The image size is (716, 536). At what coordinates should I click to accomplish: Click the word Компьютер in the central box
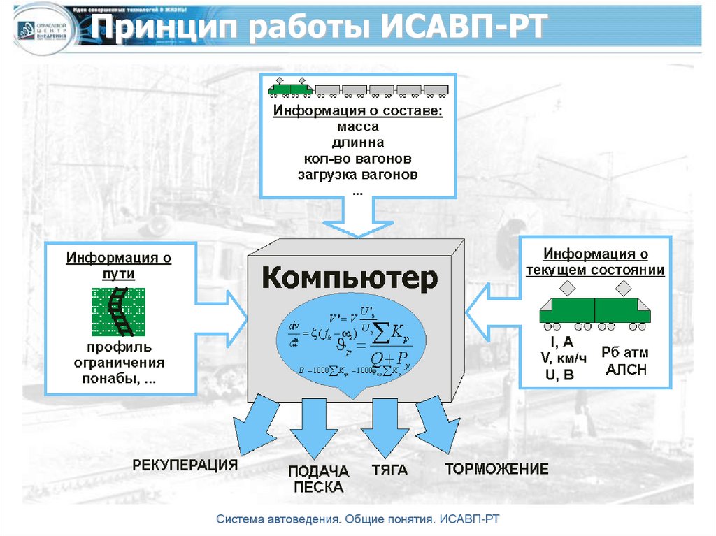(x=349, y=278)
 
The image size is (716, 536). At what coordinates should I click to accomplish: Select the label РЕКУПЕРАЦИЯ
(x=185, y=465)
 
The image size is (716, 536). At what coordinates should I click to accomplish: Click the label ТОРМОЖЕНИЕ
(x=496, y=469)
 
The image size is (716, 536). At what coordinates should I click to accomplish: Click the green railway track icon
(x=118, y=310)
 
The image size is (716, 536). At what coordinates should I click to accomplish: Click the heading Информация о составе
(x=357, y=112)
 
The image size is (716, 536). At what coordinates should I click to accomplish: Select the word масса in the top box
(x=357, y=127)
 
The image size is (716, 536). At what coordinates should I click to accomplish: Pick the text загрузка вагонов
(x=357, y=175)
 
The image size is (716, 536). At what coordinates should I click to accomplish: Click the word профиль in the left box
(x=120, y=347)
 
